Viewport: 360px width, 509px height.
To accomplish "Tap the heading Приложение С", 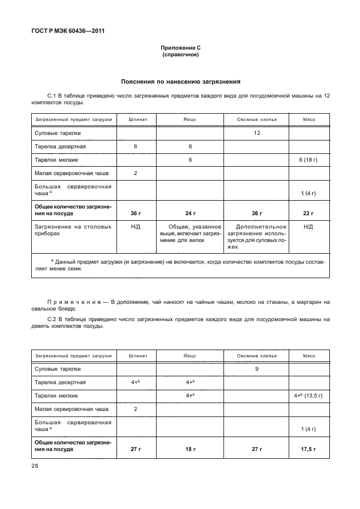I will tap(180, 49).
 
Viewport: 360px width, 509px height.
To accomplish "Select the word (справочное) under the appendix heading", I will tap(180, 56).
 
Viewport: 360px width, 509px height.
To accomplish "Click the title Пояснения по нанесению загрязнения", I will tap(180, 81).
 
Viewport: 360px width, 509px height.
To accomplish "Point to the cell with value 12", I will tap(257, 133).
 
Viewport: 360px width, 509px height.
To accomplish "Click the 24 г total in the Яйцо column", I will tap(190, 214).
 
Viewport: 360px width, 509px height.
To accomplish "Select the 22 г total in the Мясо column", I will tap(308, 214).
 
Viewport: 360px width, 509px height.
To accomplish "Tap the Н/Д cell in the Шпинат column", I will tap(135, 227).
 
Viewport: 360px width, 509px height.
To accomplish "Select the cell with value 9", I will tap(257, 369).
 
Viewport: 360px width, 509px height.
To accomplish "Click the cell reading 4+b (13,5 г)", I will tap(308, 395).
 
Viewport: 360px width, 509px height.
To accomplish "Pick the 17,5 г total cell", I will tap(308, 448).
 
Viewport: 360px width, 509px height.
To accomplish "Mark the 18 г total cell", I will tap(190, 448).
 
